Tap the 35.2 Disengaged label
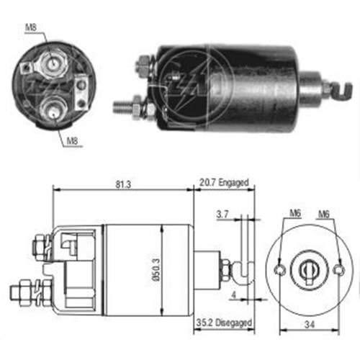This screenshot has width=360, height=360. pos(222,333)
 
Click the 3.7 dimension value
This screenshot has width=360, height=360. pos(222,215)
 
